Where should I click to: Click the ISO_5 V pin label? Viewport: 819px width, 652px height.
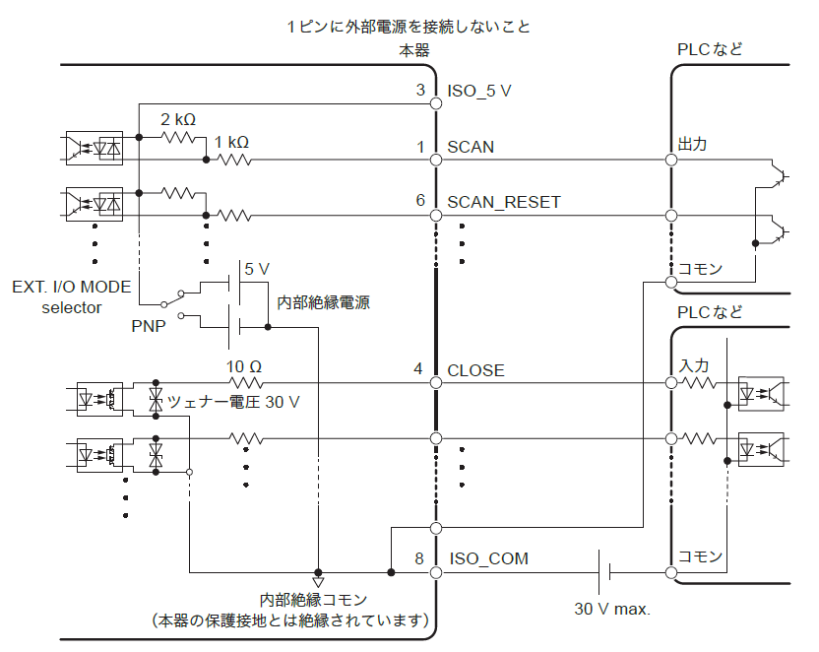pos(479,91)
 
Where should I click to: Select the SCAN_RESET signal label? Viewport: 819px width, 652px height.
pos(503,202)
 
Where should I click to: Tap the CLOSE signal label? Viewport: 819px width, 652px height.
pos(475,370)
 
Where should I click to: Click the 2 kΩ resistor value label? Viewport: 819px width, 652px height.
pos(178,119)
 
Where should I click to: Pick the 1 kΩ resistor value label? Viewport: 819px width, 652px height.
pos(231,141)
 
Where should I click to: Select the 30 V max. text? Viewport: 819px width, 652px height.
pos(612,608)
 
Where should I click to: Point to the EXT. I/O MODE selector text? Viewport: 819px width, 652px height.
pos(71,297)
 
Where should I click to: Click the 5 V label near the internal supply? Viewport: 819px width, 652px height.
pos(256,268)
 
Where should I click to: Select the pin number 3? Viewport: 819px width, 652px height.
pos(420,91)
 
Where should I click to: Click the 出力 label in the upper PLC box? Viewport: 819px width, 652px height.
pos(692,144)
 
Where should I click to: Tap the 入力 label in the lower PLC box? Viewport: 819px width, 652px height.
pos(692,366)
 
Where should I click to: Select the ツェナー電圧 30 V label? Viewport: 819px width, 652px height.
pos(233,402)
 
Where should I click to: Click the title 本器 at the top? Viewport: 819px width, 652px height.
pos(413,50)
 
